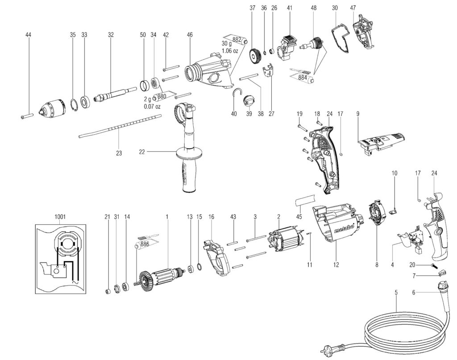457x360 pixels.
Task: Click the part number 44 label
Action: (x=29, y=34)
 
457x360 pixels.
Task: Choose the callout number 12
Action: (x=335, y=265)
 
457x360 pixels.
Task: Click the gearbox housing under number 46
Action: (x=209, y=73)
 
